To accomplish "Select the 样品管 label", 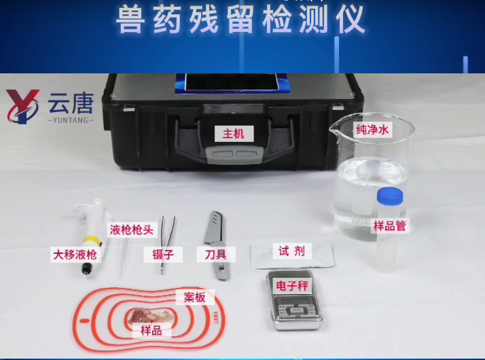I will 390,226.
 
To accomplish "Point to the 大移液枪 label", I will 75,255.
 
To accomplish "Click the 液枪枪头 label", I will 133,230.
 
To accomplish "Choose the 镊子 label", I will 162,255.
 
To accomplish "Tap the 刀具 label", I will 216,255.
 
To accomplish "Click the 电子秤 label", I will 293,286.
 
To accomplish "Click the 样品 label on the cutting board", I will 151,331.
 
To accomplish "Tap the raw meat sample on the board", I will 148,317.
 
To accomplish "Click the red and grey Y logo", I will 23,107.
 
